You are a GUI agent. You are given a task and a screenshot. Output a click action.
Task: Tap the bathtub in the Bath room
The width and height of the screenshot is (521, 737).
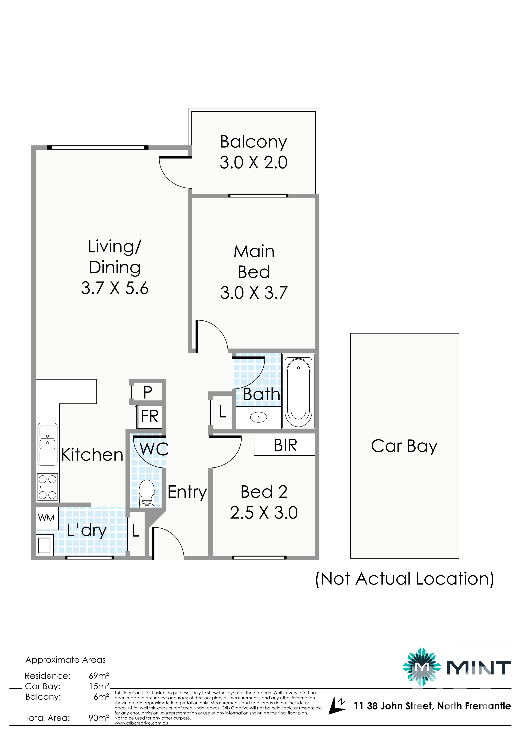(x=298, y=391)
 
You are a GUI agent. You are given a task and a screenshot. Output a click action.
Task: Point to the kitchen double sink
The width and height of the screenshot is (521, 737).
(x=47, y=444)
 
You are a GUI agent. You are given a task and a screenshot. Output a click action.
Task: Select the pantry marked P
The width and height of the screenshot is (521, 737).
(x=148, y=392)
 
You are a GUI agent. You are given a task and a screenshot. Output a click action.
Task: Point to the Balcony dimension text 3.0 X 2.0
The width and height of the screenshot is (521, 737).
(x=253, y=163)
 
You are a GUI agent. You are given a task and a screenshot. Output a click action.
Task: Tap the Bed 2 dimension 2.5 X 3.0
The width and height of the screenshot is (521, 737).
(x=264, y=513)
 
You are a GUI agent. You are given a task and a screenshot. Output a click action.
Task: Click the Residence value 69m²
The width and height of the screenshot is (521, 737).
(x=99, y=676)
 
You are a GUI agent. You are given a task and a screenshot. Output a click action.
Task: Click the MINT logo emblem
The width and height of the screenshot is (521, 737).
(x=420, y=667)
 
